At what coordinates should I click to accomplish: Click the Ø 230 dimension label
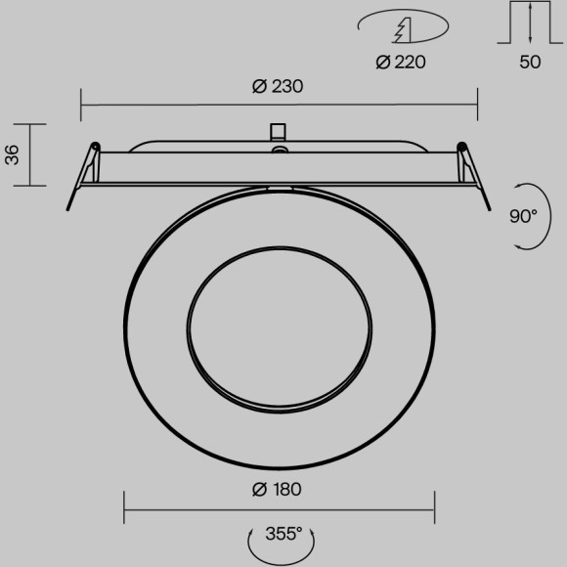[x=277, y=86]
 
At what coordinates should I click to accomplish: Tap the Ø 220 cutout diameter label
[x=401, y=63]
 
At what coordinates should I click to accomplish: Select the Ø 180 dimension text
[x=277, y=489]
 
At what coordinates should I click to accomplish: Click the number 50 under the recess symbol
[x=530, y=63]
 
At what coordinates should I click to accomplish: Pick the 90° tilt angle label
[x=523, y=216]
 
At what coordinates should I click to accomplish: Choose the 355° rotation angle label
[x=283, y=534]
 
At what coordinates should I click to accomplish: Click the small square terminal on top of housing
[x=278, y=131]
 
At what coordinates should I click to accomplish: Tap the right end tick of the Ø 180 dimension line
[x=433, y=507]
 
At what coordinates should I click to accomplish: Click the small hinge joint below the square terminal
[x=280, y=151]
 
